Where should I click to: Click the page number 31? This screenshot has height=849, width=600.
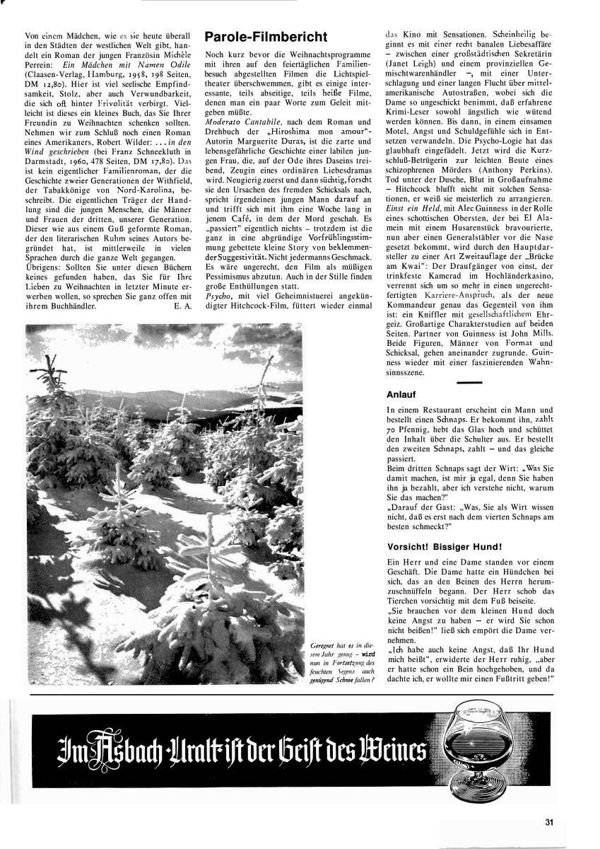click(x=549, y=822)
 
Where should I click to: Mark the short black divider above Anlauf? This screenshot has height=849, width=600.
click(x=470, y=382)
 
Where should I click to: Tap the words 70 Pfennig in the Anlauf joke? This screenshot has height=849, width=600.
click(x=410, y=429)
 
